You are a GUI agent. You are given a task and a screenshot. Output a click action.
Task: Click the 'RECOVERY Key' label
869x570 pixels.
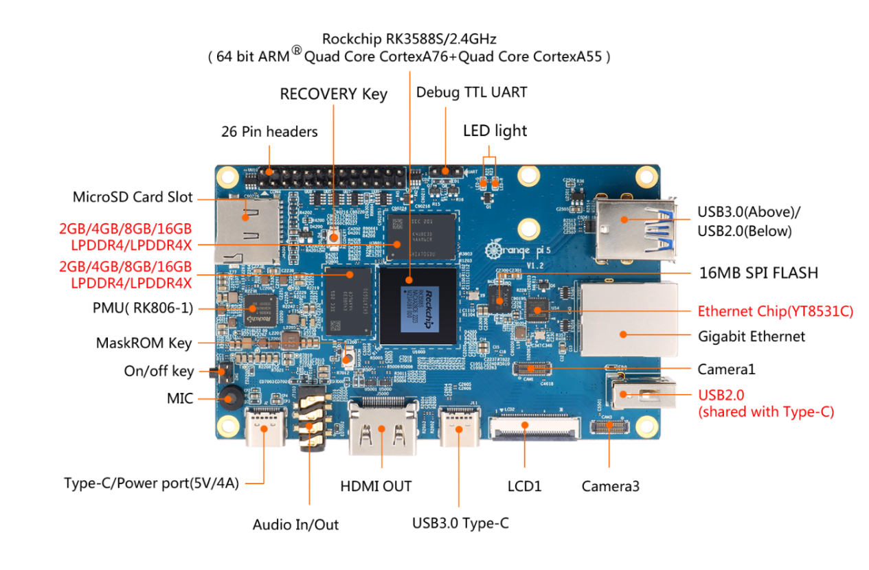pyautogui.click(x=333, y=94)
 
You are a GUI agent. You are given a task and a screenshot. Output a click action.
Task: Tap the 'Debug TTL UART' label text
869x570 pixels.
pyautogui.click(x=471, y=92)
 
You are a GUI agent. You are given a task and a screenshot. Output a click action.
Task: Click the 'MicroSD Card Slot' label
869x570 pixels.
pyautogui.click(x=133, y=197)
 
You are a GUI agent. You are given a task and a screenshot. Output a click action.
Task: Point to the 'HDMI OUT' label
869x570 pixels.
pyautogui.click(x=376, y=486)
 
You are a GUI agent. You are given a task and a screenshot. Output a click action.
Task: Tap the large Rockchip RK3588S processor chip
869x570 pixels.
pyautogui.click(x=418, y=306)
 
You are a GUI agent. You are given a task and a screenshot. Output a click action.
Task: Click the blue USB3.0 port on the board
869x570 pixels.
pyautogui.click(x=632, y=220)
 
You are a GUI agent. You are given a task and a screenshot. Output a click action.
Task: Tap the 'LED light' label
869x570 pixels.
pyautogui.click(x=495, y=130)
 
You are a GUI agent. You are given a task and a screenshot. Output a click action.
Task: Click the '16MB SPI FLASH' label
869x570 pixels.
pyautogui.click(x=758, y=273)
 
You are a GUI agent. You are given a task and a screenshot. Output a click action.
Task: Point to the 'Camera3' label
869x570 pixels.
pyautogui.click(x=610, y=486)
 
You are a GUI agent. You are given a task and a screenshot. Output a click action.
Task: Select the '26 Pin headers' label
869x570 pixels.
pyautogui.click(x=269, y=131)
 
